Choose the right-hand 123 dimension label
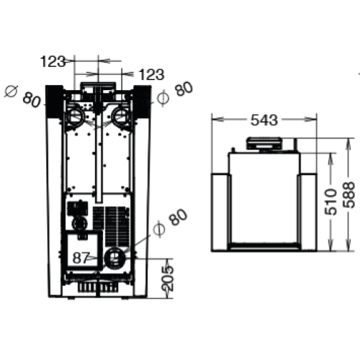coord(150,74)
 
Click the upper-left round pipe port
coord(75,115)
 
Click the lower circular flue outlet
coord(113,257)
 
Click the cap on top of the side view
coord(265,143)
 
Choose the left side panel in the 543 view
coord(220,211)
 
